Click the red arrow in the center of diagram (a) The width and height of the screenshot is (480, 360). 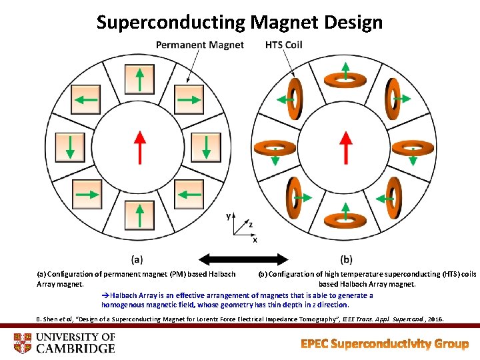(x=139, y=146)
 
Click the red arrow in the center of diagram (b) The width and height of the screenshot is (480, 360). (x=345, y=146)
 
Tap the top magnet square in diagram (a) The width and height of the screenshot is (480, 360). (x=139, y=79)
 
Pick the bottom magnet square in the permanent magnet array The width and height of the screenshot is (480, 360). (x=139, y=215)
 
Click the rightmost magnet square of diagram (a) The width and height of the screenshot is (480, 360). (x=205, y=147)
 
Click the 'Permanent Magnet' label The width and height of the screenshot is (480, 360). (x=199, y=45)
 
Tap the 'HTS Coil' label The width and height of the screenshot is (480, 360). (x=283, y=45)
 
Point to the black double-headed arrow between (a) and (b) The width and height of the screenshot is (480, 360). (x=244, y=259)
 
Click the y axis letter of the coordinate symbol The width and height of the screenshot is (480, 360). (x=229, y=216)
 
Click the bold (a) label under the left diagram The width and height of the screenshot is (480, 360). (x=137, y=259)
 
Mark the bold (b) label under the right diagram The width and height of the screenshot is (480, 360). (x=347, y=259)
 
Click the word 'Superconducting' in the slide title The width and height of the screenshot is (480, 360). (x=171, y=22)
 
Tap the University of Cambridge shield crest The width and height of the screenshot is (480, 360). (x=23, y=343)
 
